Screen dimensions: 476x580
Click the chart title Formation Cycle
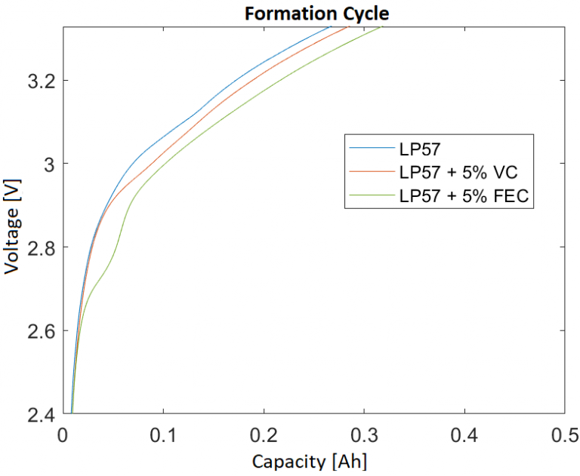pyautogui.click(x=313, y=13)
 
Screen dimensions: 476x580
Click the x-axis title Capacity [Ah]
pyautogui.click(x=313, y=460)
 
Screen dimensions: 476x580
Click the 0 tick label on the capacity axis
pyautogui.click(x=63, y=436)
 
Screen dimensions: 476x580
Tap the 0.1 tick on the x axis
pyautogui.click(x=163, y=436)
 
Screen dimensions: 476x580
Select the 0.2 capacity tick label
pyautogui.click(x=264, y=436)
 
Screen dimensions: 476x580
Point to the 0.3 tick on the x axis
pyautogui.click(x=364, y=436)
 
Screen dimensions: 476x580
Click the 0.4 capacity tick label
pyautogui.click(x=464, y=436)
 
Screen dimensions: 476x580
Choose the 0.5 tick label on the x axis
pyautogui.click(x=565, y=436)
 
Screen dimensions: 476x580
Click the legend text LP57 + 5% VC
pyautogui.click(x=458, y=172)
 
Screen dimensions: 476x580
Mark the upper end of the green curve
pyautogui.click(x=381, y=26)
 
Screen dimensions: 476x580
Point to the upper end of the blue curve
pyautogui.click(x=331, y=26)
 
